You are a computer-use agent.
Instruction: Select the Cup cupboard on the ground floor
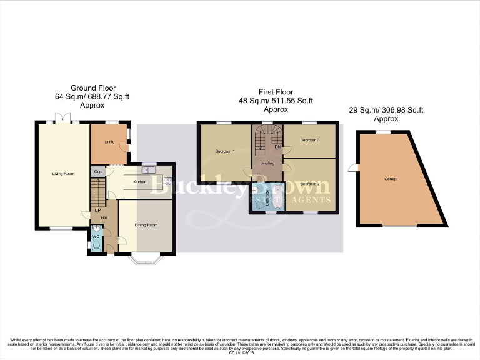coord(98,171)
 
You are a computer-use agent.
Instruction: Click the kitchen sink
coord(149,171)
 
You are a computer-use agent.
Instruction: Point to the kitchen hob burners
coord(167,182)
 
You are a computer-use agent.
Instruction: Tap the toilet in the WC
coord(96,246)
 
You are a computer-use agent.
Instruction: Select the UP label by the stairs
coord(97,210)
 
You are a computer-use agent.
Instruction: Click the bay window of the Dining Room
coord(146,257)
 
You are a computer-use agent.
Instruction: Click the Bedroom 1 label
coord(225,151)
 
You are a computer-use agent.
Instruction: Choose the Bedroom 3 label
coord(309,140)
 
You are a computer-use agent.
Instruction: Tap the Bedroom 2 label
coord(309,184)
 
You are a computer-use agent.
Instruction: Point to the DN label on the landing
coord(277,147)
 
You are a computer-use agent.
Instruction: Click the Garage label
coord(391,179)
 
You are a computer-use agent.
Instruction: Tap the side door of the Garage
coord(353,167)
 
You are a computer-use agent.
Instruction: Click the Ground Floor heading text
coord(93,88)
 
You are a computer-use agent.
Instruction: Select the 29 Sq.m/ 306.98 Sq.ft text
coord(386,110)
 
